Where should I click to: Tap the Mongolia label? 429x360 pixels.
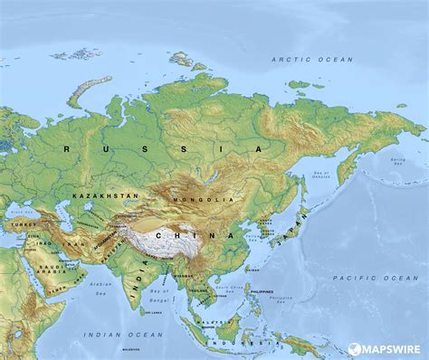point(208,198)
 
